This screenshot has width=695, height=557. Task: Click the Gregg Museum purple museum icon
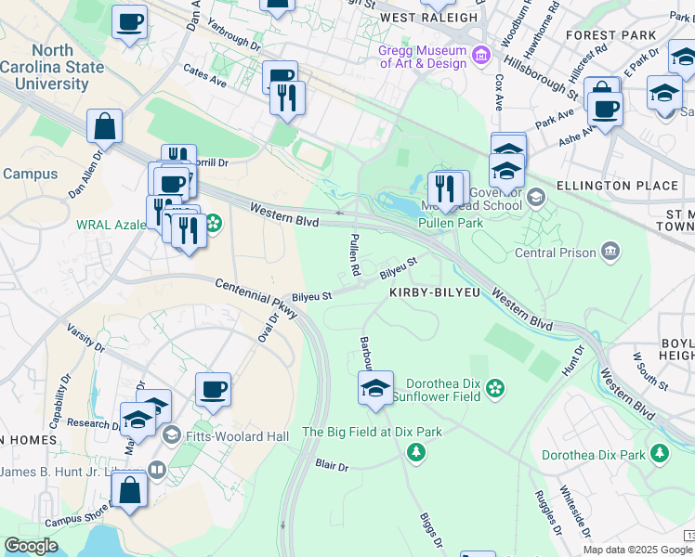coord(480,56)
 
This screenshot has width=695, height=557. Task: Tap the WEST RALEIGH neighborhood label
coord(429,18)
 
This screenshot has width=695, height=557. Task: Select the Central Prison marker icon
coord(610,251)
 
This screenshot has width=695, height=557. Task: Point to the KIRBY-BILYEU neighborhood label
coord(435,292)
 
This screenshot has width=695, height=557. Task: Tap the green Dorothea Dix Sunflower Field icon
coord(495,386)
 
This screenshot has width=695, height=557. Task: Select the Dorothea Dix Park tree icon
coord(659,454)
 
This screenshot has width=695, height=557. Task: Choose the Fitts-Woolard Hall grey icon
coord(171,434)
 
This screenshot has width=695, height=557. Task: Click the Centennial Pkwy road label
coord(256,300)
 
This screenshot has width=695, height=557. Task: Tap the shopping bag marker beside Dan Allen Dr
coord(105,126)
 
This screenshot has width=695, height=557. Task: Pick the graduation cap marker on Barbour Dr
coord(375,388)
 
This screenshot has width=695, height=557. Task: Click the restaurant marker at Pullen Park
coord(447,188)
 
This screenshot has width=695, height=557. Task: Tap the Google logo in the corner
coord(31,546)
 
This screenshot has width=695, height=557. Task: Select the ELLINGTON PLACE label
coord(617,186)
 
